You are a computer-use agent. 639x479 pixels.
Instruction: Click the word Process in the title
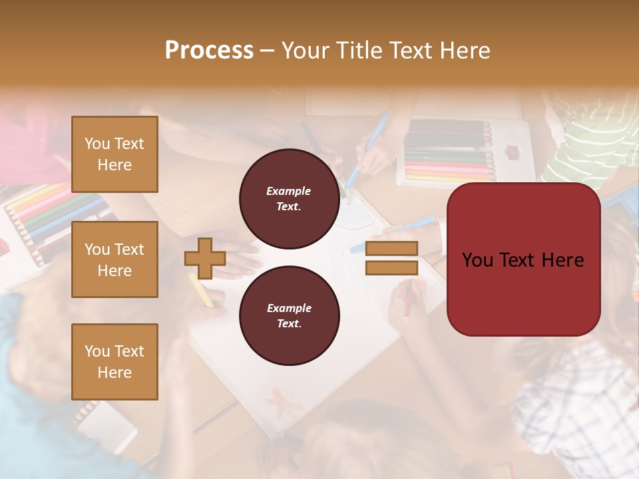point(209,51)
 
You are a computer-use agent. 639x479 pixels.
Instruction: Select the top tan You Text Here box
point(114,154)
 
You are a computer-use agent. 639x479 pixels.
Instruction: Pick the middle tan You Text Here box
point(114,259)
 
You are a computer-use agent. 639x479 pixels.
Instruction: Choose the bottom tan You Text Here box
point(114,362)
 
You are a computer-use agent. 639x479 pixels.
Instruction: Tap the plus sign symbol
point(205,258)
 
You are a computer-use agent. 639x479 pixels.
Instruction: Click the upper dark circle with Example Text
point(289,198)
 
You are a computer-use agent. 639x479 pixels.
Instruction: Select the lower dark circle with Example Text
point(289,315)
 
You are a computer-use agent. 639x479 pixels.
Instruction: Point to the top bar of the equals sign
point(391,248)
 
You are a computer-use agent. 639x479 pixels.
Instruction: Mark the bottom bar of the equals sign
point(391,267)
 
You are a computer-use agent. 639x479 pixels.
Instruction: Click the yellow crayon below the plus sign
point(201,291)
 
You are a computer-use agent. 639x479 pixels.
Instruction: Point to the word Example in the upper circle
point(289,191)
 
